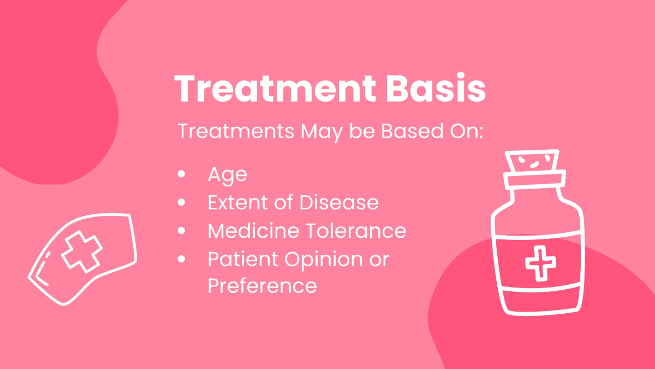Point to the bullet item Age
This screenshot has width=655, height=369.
click(x=227, y=175)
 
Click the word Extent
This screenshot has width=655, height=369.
click(x=237, y=203)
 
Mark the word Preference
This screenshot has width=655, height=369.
click(x=262, y=286)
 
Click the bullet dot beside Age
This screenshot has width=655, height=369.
click(x=182, y=175)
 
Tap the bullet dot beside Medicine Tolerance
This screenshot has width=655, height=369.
click(x=182, y=231)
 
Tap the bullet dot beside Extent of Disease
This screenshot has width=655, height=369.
click(x=182, y=203)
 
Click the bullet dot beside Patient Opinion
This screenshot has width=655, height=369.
click(x=182, y=259)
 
